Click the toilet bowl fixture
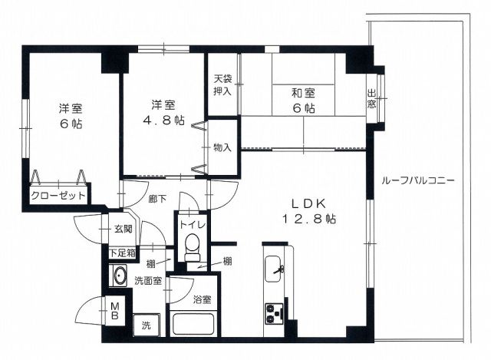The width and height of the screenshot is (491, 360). [192, 247]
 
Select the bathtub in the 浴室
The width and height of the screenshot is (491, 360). [193, 323]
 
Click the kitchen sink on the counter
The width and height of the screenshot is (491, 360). [274, 269]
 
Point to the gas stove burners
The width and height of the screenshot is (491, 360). [274, 313]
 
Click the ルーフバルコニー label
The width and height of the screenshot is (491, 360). [417, 181]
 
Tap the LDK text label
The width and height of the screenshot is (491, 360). [309, 204]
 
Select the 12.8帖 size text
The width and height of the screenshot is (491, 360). [309, 219]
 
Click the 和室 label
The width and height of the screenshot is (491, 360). [304, 93]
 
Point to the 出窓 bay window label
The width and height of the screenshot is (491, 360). [371, 99]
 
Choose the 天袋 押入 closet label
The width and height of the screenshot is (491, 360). [222, 84]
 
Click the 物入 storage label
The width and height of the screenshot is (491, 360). [222, 147]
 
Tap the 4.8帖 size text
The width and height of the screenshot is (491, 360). [163, 120]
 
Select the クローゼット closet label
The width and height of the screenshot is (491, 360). [58, 196]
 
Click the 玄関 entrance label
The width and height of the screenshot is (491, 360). [123, 229]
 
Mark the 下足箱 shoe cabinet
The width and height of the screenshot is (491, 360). [123, 253]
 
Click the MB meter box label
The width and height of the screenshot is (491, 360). [115, 310]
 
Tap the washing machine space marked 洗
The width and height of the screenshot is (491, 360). [147, 325]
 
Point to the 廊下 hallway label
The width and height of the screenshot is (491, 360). [158, 198]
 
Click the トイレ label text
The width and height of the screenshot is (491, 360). [193, 225]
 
